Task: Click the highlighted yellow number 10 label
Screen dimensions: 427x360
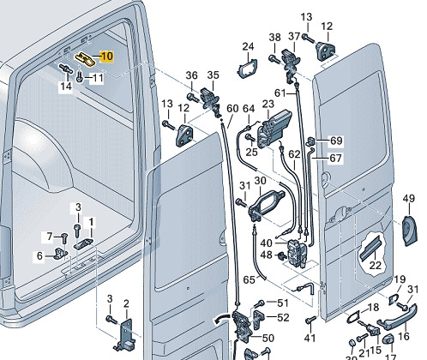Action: [x=107, y=57]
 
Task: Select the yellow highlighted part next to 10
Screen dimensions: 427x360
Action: [x=85, y=58]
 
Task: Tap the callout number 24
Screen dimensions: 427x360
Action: [x=248, y=46]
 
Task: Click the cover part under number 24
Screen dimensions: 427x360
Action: [x=248, y=69]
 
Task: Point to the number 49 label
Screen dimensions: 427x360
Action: [x=408, y=198]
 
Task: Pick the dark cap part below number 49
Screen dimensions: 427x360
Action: [x=409, y=231]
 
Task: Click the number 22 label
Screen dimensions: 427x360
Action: [x=375, y=266]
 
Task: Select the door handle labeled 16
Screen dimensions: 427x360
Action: [x=397, y=317]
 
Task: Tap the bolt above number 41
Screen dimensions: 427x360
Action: [x=310, y=320]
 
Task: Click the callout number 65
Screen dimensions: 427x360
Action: [x=249, y=279]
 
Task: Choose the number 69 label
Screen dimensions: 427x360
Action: [x=336, y=141]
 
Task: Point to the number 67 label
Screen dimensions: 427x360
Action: [x=335, y=158]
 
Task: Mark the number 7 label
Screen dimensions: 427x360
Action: [x=50, y=237]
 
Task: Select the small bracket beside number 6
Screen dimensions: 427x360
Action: [x=60, y=253]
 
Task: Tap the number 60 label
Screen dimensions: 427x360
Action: [x=232, y=109]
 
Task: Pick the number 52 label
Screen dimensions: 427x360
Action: [x=283, y=317]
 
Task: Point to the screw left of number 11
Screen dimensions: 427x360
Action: [x=79, y=77]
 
